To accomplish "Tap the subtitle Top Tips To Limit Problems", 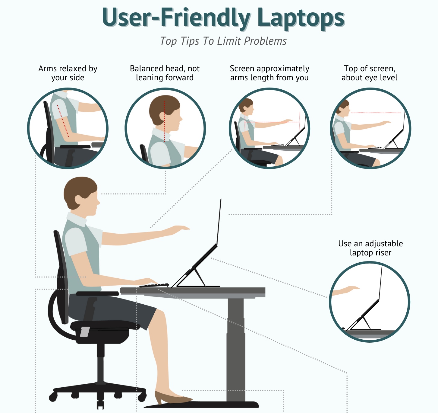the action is [x=223, y=41].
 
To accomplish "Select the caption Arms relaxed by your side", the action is [x=68, y=73].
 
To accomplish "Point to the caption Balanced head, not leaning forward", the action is [x=165, y=73].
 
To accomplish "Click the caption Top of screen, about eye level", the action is [x=369, y=73].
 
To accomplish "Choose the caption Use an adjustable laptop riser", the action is [x=370, y=248].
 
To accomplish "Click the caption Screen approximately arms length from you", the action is [x=269, y=73].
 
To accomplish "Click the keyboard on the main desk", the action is [x=154, y=285].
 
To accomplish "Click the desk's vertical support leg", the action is [x=236, y=349].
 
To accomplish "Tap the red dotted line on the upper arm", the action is [x=63, y=121].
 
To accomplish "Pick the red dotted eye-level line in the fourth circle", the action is [x=376, y=113].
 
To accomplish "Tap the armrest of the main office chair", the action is [x=97, y=293].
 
